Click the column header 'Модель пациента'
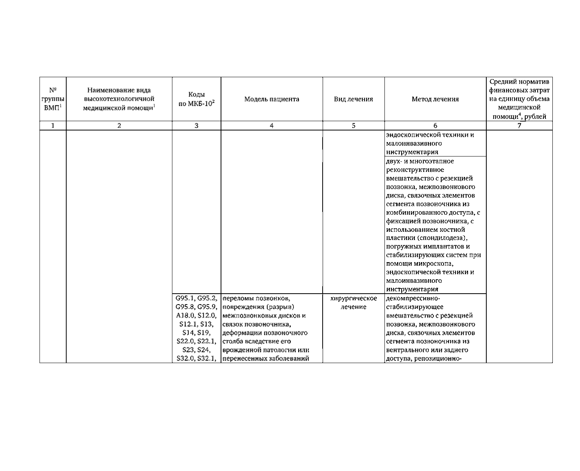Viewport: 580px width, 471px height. pos(271,99)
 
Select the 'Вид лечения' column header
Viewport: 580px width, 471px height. pos(353,99)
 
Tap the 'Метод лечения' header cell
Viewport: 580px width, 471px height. pos(435,99)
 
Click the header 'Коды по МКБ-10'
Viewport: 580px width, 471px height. pos(196,99)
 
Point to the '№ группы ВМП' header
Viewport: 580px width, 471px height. pos(53,99)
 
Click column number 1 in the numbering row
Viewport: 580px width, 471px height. pos(53,126)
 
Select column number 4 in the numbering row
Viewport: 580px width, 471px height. pos(271,126)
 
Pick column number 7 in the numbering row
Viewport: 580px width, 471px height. pos(519,126)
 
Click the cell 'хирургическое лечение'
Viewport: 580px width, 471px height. pos(353,303)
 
